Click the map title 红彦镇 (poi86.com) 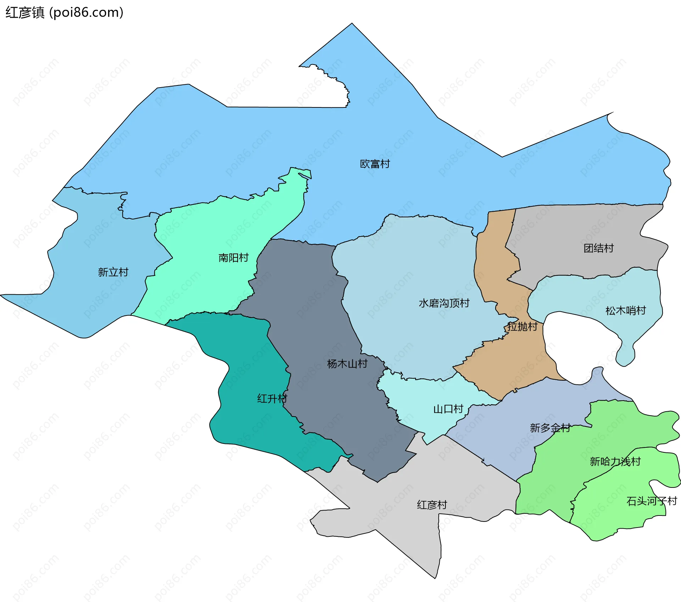[x=64, y=13]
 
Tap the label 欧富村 [x=375, y=164]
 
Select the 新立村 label [x=113, y=272]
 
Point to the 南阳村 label [x=233, y=258]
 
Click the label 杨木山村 [x=347, y=364]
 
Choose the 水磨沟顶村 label [x=444, y=303]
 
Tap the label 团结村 [x=598, y=248]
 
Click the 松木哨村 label [x=625, y=311]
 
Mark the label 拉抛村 [x=522, y=327]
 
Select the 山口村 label [x=448, y=409]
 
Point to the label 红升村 [x=272, y=398]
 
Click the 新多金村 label [x=550, y=428]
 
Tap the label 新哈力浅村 [x=615, y=462]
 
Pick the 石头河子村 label [x=652, y=501]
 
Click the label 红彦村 [x=432, y=505]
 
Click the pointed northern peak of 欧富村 [x=352, y=24]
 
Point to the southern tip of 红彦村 [x=435, y=578]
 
